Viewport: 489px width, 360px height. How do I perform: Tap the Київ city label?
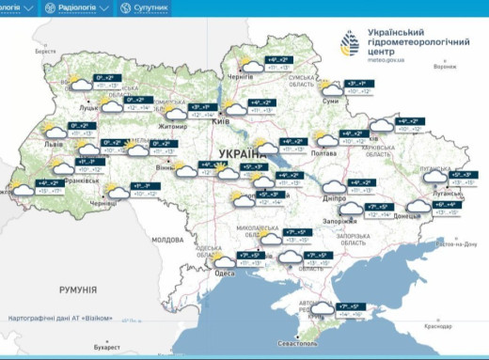pos(221,122)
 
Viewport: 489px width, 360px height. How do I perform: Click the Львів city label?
pos(55,146)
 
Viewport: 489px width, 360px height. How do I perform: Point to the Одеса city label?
pos(225,273)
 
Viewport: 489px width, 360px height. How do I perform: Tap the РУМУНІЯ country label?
pos(77,290)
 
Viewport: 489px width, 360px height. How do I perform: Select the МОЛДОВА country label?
pos(167,240)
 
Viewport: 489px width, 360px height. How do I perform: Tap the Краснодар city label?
pos(437,326)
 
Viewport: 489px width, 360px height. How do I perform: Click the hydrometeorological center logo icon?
pos(350,42)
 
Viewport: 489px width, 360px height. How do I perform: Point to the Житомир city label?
pos(174,123)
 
